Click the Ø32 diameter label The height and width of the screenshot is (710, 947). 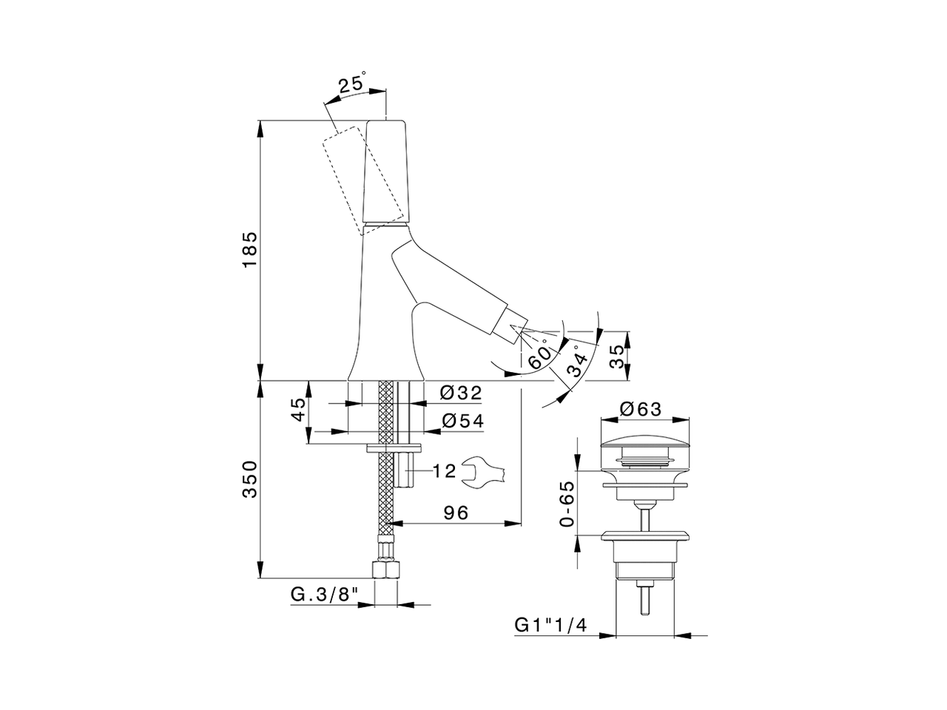pos(461,393)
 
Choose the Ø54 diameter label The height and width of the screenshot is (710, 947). pos(462,421)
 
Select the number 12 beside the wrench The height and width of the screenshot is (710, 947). pos(444,472)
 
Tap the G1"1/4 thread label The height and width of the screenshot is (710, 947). pos(550,625)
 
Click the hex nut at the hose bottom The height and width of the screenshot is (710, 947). pos(387,569)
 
